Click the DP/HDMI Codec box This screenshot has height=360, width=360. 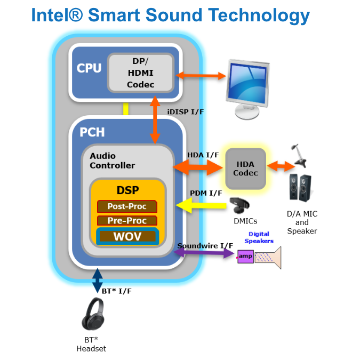pos(140,73)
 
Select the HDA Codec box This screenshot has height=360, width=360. pos(245,168)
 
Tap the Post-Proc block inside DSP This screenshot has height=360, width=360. pos(127,206)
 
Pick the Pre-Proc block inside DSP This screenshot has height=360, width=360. pos(127,220)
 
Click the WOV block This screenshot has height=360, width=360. pos(127,236)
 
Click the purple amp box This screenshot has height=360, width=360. pos(245,257)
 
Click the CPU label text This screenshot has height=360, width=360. pos(89,68)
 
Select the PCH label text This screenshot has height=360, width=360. pos(92,132)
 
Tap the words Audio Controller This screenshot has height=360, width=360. pos(112,161)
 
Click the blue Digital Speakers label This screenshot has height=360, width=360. pos(259,237)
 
